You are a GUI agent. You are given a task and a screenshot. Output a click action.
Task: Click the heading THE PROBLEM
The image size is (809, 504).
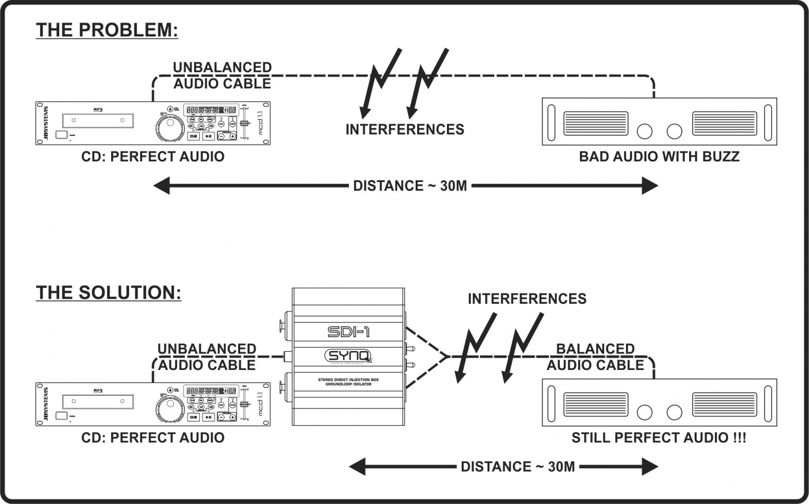click(107, 30)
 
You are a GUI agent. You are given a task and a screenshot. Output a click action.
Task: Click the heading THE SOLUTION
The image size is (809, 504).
click(108, 293)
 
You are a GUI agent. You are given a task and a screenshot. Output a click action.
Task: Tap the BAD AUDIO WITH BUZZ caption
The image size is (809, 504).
click(659, 156)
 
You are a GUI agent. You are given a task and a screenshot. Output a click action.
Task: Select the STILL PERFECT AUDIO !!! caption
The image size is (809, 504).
click(658, 438)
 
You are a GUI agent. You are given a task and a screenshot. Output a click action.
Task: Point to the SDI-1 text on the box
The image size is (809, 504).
click(348, 332)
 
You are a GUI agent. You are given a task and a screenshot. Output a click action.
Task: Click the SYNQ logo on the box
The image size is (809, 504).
click(348, 356)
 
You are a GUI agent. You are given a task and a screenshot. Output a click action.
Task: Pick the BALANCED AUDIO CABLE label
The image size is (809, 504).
click(595, 357)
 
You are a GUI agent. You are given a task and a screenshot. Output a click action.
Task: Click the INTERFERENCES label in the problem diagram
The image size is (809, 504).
click(404, 129)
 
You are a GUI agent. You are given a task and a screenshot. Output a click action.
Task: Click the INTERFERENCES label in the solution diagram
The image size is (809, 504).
click(527, 299)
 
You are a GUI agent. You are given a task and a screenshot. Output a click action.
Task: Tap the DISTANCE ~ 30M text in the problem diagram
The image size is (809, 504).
click(410, 186)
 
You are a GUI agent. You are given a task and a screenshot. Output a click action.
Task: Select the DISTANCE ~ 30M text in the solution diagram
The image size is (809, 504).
click(517, 467)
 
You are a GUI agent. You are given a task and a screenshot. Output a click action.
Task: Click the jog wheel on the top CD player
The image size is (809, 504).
click(169, 128)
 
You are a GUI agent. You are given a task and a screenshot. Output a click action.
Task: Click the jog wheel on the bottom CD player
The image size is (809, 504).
click(169, 408)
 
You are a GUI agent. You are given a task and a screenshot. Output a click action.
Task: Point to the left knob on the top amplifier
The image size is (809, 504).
click(645, 131)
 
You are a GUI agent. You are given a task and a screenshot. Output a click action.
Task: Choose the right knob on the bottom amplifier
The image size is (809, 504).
click(674, 412)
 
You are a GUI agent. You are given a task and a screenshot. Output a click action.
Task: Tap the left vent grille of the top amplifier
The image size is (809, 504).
click(596, 123)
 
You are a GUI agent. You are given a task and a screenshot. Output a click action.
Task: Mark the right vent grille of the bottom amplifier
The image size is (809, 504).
click(725, 404)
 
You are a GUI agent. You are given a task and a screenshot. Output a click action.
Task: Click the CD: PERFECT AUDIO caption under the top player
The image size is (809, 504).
click(153, 157)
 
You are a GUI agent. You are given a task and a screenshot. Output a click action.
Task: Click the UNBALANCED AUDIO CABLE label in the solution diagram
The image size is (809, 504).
click(207, 357)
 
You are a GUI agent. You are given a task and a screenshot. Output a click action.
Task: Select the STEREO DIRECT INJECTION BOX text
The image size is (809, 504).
click(348, 380)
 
